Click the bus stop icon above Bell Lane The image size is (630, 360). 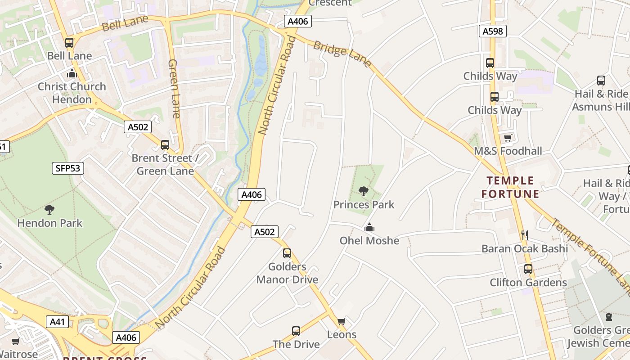69,43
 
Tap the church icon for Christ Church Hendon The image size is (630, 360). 72,73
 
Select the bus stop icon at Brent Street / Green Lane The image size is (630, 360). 165,145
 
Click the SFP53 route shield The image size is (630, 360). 67,169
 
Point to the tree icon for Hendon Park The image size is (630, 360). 49,209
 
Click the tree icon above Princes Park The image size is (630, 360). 364,191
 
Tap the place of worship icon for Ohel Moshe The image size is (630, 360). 369,227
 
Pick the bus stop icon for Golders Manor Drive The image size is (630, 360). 287,253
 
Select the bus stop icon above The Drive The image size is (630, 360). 296,331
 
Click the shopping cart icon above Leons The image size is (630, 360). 341,321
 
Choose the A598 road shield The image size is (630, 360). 492,31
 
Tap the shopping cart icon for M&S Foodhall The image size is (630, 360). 508,138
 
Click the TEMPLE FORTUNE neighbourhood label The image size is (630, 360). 510,187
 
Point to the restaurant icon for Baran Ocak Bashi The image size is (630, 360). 524,235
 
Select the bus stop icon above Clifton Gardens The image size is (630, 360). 528,269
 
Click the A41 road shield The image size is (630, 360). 57,322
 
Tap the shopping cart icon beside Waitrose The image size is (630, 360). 16,342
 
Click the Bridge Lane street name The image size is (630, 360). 342,54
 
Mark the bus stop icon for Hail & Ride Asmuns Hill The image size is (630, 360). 601,81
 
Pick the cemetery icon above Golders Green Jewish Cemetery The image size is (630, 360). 609,317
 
